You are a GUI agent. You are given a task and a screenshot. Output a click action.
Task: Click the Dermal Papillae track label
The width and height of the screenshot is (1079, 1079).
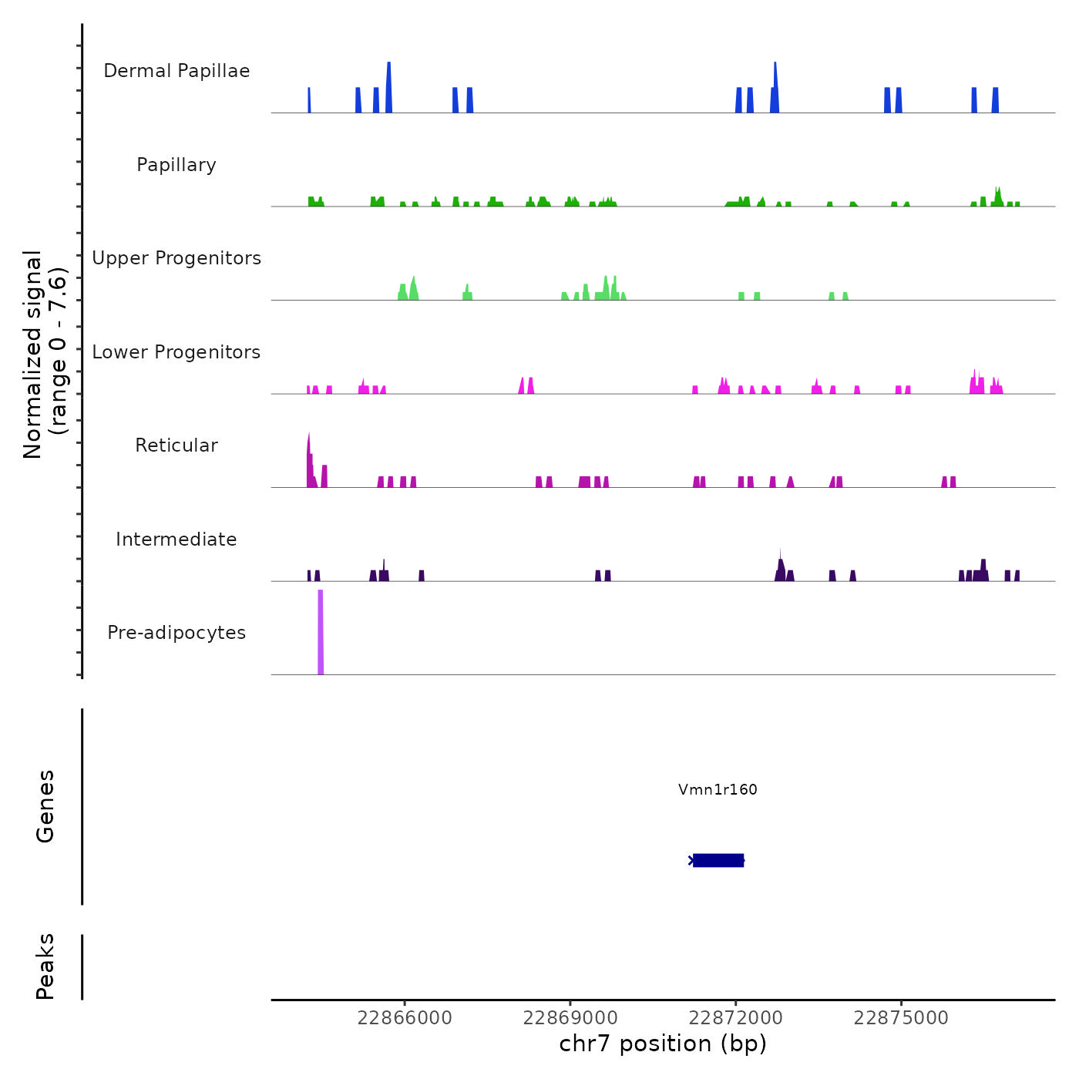pyautogui.click(x=176, y=71)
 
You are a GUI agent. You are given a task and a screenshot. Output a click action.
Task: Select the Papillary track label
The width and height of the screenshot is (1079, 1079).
pyautogui.click(x=176, y=165)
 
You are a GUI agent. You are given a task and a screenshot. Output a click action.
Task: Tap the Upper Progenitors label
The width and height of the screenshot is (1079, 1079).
pyautogui.click(x=176, y=258)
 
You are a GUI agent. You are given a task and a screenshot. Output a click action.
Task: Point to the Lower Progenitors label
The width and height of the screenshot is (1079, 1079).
pyautogui.click(x=176, y=352)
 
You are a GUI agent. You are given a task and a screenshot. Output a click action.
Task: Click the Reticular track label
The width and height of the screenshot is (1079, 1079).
pyautogui.click(x=176, y=445)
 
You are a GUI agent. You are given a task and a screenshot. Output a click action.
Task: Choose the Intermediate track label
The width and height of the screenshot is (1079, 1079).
pyautogui.click(x=176, y=539)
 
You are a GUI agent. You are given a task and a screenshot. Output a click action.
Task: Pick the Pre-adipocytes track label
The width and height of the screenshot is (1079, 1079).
pyautogui.click(x=176, y=633)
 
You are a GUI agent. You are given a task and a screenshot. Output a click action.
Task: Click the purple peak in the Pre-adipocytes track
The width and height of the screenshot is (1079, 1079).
pyautogui.click(x=321, y=632)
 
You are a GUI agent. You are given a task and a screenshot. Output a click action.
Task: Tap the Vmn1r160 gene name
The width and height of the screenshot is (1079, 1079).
pyautogui.click(x=718, y=789)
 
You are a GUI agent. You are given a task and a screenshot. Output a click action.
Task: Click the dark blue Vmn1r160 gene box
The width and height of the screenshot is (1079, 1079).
pyautogui.click(x=718, y=860)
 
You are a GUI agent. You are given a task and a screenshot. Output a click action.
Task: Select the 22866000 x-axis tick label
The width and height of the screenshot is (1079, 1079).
pyautogui.click(x=405, y=1018)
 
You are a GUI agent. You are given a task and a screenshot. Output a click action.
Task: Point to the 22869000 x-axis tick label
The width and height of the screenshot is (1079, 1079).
pyautogui.click(x=570, y=1018)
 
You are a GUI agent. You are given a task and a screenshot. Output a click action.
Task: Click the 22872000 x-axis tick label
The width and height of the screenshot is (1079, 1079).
pyautogui.click(x=735, y=1018)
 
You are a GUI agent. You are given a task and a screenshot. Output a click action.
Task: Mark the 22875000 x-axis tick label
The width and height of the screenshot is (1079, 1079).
pyautogui.click(x=901, y=1018)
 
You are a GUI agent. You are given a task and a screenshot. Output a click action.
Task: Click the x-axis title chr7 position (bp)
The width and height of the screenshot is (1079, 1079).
pyautogui.click(x=663, y=1044)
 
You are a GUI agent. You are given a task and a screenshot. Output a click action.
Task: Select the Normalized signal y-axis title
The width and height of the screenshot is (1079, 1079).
pyautogui.click(x=45, y=354)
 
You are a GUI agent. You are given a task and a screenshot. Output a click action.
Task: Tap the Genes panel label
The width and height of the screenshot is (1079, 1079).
pyautogui.click(x=45, y=806)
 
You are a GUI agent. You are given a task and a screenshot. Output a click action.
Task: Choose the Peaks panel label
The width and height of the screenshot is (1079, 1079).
pyautogui.click(x=45, y=966)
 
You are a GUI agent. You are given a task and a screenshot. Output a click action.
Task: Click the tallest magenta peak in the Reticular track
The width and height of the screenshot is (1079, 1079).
pyautogui.click(x=309, y=462)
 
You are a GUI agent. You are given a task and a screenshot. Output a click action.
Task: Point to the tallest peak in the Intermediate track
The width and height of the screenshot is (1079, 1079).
pyautogui.click(x=780, y=566)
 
